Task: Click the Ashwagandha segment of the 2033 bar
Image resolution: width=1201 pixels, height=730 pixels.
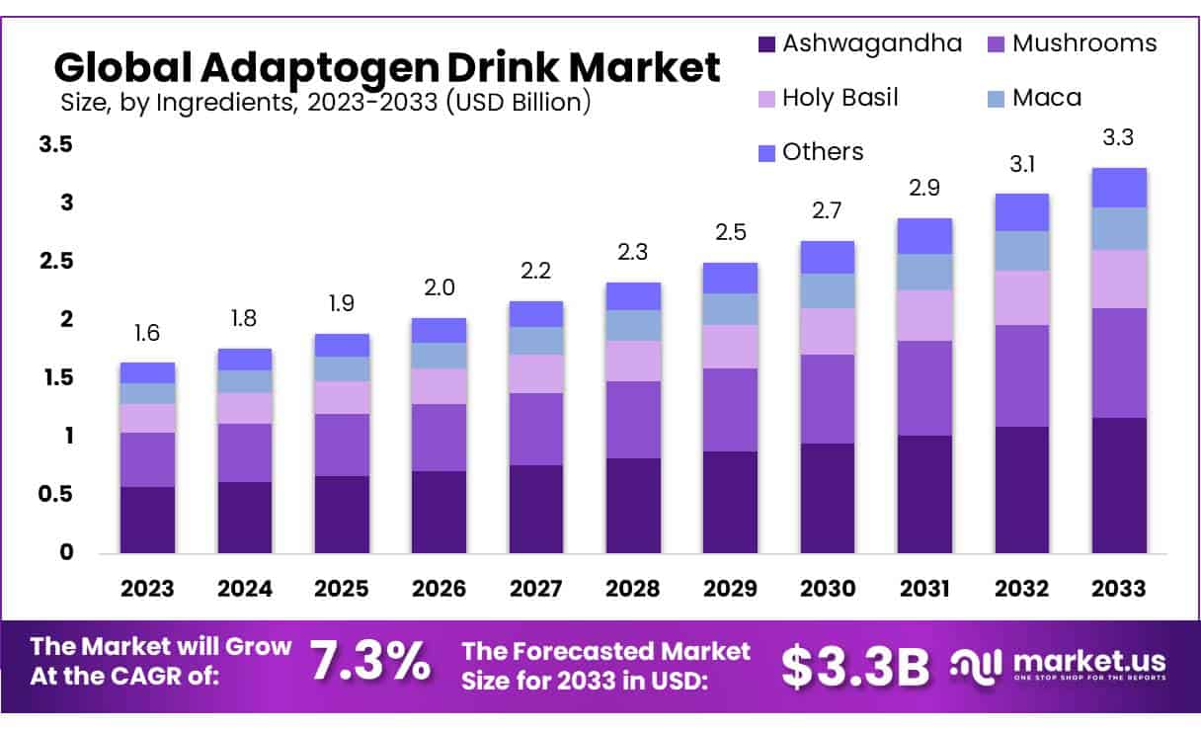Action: point(1119,484)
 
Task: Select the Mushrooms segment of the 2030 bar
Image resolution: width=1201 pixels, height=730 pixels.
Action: point(827,398)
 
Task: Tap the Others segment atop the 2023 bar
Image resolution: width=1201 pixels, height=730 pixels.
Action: point(147,372)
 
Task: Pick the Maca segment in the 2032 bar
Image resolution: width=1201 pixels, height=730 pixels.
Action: point(1022,251)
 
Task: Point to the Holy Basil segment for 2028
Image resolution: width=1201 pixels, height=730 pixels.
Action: point(632,361)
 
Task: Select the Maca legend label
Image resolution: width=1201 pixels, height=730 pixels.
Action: point(1047,98)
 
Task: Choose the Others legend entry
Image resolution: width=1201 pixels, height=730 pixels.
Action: point(822,152)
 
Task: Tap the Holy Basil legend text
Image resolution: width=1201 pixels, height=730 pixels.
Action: point(840,98)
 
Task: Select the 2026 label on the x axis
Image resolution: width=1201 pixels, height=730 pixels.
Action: point(439,589)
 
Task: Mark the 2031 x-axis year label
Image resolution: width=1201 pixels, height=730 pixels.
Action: point(924,589)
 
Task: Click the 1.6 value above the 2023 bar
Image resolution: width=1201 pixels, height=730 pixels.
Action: point(147,334)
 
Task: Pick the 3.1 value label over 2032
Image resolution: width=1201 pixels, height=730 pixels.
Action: point(1022,165)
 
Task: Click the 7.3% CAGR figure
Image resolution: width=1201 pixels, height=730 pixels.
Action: point(370,661)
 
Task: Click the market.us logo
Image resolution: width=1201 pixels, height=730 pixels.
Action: point(1058,664)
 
